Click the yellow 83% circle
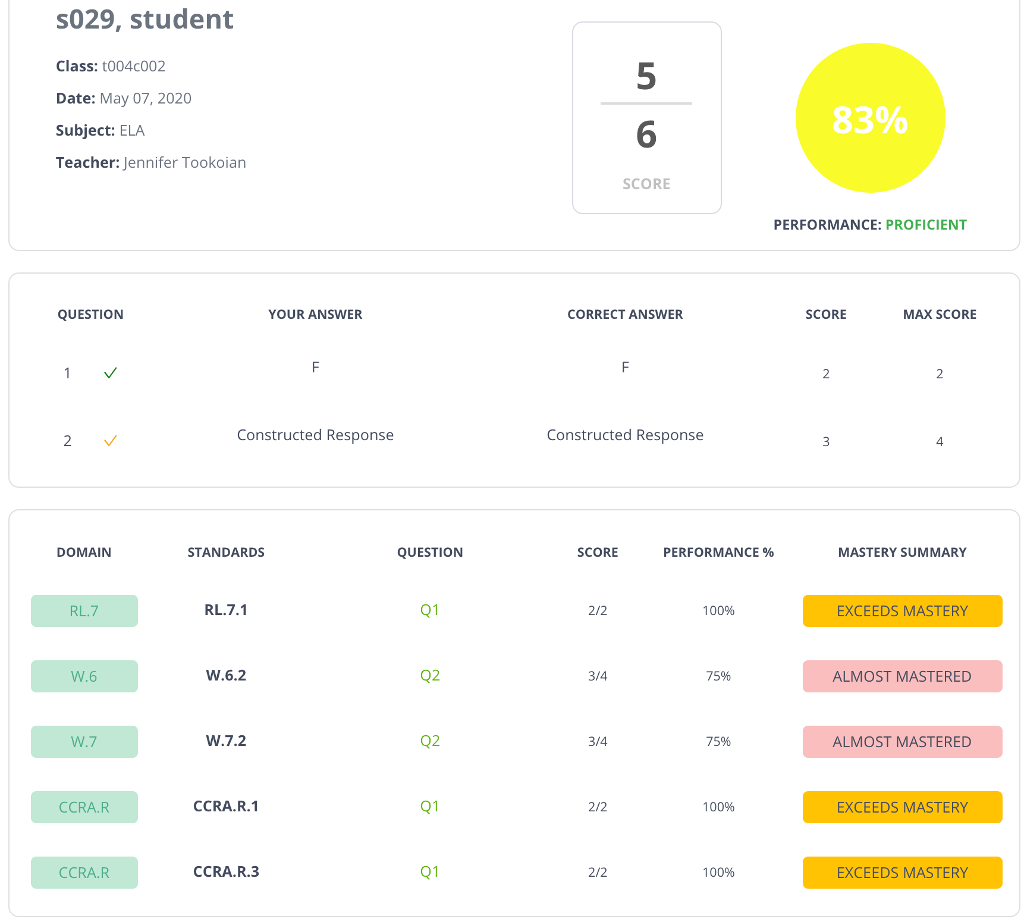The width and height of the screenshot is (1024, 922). point(870,118)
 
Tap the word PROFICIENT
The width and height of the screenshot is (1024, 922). point(926,225)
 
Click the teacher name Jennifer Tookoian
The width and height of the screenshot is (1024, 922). point(185,162)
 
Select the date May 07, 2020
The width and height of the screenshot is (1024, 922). point(146,98)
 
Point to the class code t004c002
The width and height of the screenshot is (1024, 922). point(134,66)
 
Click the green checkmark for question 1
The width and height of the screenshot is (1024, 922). point(111,373)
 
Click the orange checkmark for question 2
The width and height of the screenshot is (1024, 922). point(111,441)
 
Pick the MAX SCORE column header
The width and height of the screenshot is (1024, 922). point(940,314)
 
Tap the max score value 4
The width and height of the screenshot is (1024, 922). point(940,441)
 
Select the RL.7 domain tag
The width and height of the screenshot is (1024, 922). point(84,611)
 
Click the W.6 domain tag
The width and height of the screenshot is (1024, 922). point(84,676)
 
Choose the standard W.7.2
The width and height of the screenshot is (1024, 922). point(226,741)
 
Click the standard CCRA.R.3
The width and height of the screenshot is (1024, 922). point(226,871)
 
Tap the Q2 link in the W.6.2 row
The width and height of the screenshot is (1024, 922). point(430,676)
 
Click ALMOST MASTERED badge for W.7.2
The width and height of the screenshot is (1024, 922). point(902,742)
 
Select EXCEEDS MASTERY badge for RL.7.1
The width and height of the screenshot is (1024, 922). point(902,611)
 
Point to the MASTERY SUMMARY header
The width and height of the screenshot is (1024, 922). point(902,552)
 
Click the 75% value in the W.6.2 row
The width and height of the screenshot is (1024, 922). point(718,676)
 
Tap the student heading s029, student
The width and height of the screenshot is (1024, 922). point(145,19)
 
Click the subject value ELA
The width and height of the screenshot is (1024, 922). point(132,130)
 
